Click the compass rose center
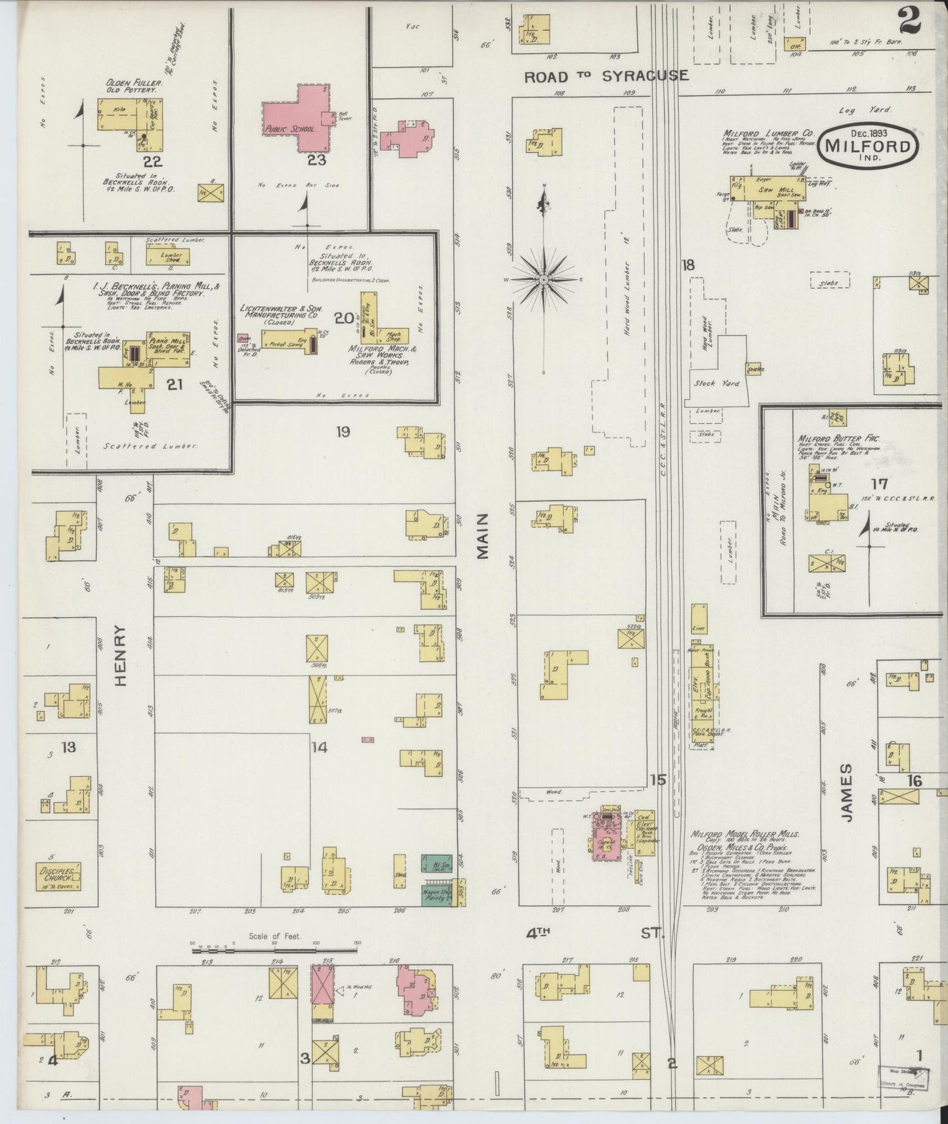tap(544, 280)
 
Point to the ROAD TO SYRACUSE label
tap(606, 76)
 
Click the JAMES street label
tap(846, 793)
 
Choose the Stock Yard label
tap(716, 383)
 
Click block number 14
tap(319, 747)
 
